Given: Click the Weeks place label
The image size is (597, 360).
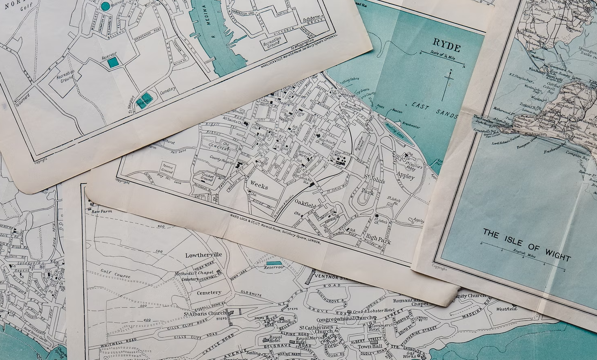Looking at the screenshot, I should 259,185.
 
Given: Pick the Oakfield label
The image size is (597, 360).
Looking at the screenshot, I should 305,202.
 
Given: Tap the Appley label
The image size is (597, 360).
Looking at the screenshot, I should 405,176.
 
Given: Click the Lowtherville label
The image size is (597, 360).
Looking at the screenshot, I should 203,255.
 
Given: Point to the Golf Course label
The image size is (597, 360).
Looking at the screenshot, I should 116,275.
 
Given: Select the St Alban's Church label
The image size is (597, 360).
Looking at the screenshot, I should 205,313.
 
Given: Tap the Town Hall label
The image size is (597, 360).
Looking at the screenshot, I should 370,346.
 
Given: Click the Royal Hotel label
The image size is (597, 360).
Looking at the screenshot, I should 275,338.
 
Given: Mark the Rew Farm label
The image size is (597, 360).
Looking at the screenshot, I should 102,212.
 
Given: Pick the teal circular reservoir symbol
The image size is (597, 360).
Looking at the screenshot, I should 105,6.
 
